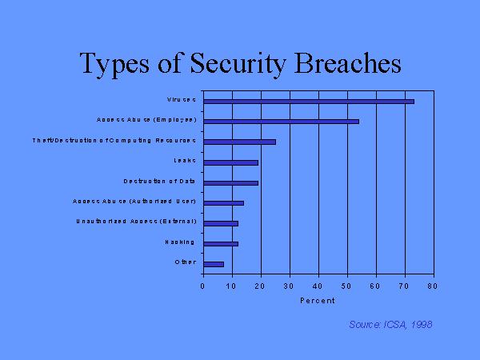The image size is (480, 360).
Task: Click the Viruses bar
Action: click(x=308, y=101)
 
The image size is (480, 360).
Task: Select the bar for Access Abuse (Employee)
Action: click(x=281, y=121)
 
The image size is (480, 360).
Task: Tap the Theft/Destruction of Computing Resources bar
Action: click(x=239, y=142)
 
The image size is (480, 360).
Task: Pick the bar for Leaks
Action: click(x=230, y=162)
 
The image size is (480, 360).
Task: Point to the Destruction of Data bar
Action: click(x=230, y=183)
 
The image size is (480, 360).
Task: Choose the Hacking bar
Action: click(x=221, y=243)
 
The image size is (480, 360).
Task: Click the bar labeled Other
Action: click(x=214, y=263)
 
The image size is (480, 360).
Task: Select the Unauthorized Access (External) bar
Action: click(x=221, y=222)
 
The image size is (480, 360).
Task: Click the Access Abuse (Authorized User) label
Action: click(x=134, y=202)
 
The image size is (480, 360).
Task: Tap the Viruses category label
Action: click(x=182, y=100)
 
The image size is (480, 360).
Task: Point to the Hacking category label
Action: click(x=181, y=242)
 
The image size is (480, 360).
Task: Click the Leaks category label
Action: click(x=185, y=161)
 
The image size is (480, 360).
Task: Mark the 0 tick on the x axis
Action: click(x=203, y=285)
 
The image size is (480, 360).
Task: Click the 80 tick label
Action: click(x=433, y=285)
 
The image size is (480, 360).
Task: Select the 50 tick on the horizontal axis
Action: click(x=346, y=285)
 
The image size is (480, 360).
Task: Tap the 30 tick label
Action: click(x=289, y=285)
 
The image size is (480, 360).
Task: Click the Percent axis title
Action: click(x=318, y=301)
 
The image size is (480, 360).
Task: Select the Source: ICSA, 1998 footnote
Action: click(x=390, y=324)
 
